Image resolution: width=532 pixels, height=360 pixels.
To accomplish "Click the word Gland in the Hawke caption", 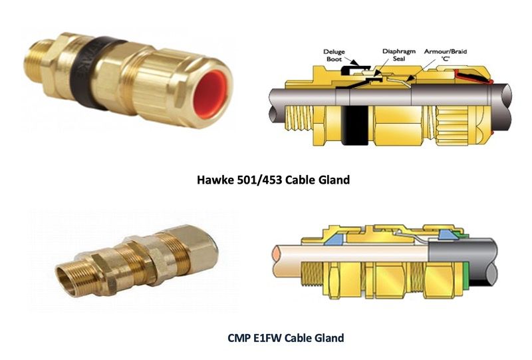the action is click(x=334, y=179).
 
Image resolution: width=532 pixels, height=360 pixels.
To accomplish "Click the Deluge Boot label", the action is click(x=334, y=55).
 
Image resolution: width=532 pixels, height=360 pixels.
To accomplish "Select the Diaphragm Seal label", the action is click(x=398, y=55).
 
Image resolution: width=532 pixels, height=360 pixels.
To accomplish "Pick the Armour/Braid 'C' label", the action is click(x=446, y=55).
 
